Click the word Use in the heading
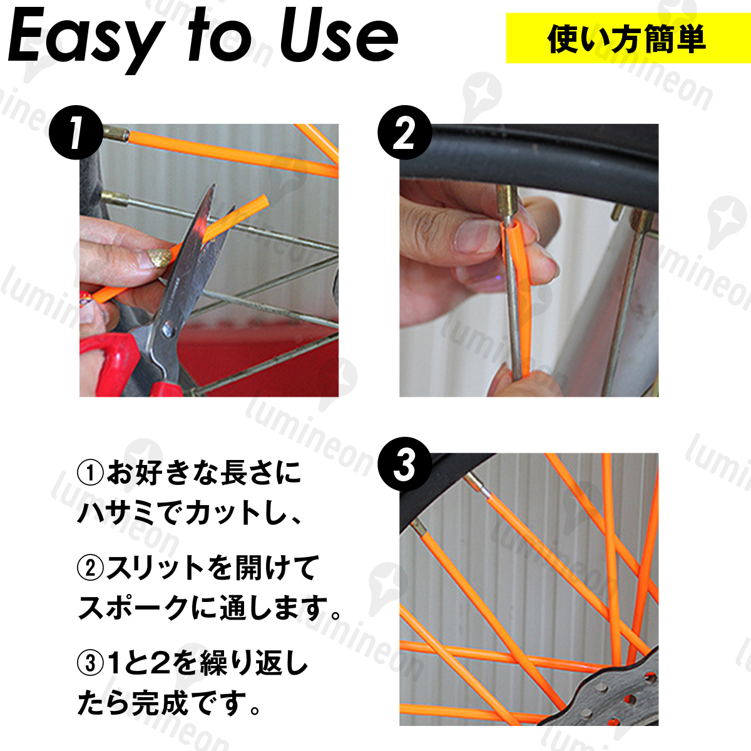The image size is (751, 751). pyautogui.click(x=339, y=37)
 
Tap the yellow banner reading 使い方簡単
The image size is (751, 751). pyautogui.click(x=628, y=38)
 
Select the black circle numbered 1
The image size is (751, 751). pyautogui.click(x=76, y=133)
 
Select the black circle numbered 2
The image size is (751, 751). pyautogui.click(x=404, y=133)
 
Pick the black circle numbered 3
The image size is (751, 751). pyautogui.click(x=404, y=464)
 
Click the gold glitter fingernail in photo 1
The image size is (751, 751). pyautogui.click(x=158, y=258)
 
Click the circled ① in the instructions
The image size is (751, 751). pyautogui.click(x=90, y=472)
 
